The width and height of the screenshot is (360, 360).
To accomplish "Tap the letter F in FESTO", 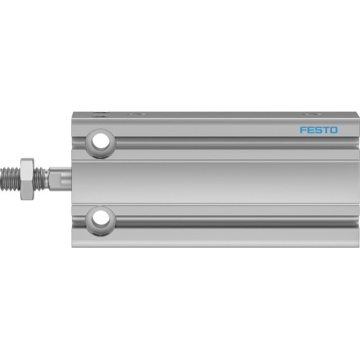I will click(x=303, y=131).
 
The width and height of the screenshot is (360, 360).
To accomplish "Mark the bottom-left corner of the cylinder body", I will click(x=71, y=245).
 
